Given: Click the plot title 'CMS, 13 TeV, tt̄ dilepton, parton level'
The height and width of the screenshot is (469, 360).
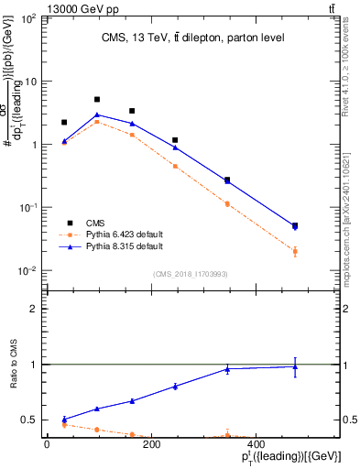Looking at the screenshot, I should [192, 38].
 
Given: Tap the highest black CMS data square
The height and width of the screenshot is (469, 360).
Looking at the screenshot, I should [97, 99].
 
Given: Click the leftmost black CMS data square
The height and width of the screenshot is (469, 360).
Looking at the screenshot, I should [64, 122].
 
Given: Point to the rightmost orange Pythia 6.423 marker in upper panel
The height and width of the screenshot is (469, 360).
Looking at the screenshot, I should [294, 251].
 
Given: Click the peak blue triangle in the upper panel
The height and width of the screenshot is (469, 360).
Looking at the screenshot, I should [97, 115].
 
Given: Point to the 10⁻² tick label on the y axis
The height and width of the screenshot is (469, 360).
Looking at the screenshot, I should [29, 271].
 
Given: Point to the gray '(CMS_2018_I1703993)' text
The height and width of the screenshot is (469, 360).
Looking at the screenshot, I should [191, 274].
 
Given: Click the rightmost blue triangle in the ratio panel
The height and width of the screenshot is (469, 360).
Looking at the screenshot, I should [294, 367].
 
